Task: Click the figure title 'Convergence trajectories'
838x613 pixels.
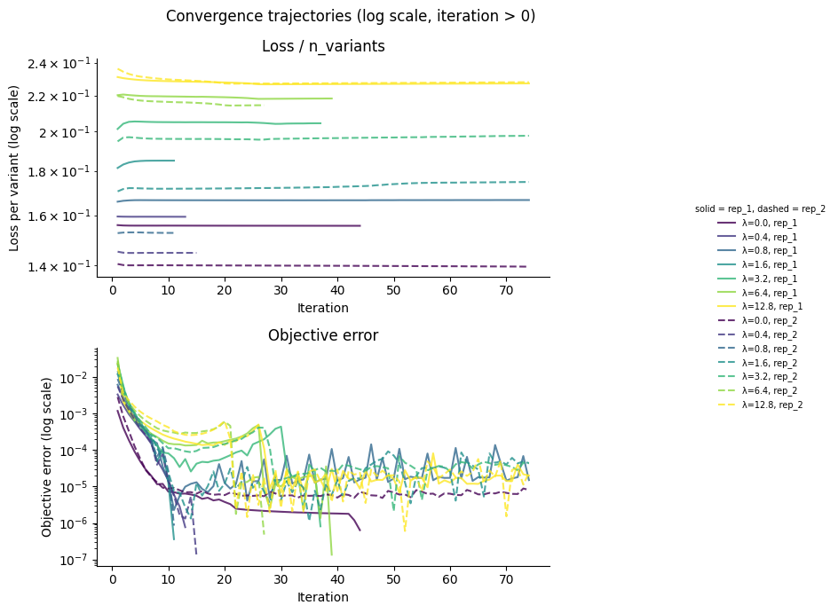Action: [350, 16]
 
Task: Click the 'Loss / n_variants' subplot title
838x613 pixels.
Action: [323, 46]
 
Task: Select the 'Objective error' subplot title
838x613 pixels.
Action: [323, 335]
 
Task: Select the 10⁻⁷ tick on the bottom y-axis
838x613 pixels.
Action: [71, 560]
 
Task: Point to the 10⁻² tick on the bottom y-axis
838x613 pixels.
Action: [71, 378]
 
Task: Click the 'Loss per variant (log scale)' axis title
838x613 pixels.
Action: [15, 168]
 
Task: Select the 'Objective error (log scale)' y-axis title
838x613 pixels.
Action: [47, 455]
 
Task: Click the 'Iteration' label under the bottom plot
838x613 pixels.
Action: [323, 597]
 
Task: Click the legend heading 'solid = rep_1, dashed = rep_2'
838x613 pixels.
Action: [760, 208]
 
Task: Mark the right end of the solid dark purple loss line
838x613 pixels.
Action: [360, 225]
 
